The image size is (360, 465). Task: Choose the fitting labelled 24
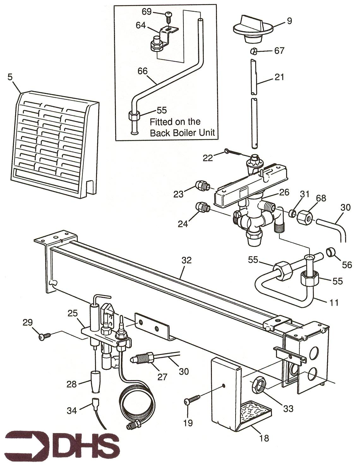[x=201, y=207]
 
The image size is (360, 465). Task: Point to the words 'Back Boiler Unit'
[x=183, y=132]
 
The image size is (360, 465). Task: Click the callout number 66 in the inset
[x=142, y=71]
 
